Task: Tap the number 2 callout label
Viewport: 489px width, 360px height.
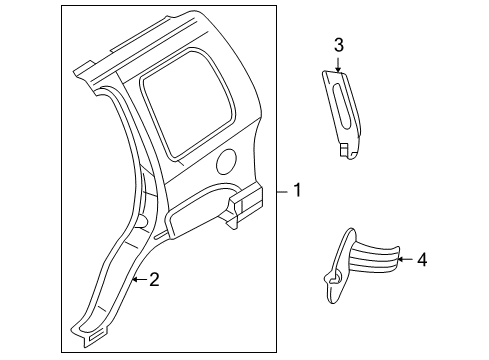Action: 154,281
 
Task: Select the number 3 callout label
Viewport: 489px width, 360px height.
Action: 338,45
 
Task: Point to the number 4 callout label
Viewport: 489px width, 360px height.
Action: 422,259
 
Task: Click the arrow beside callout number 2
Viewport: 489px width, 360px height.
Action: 138,281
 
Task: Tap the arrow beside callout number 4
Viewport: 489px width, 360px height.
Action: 403,259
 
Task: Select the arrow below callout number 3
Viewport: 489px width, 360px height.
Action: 338,64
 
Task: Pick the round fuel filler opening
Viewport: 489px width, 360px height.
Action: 228,159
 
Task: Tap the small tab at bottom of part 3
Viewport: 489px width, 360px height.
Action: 345,150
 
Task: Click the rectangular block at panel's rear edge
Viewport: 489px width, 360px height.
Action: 241,204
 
